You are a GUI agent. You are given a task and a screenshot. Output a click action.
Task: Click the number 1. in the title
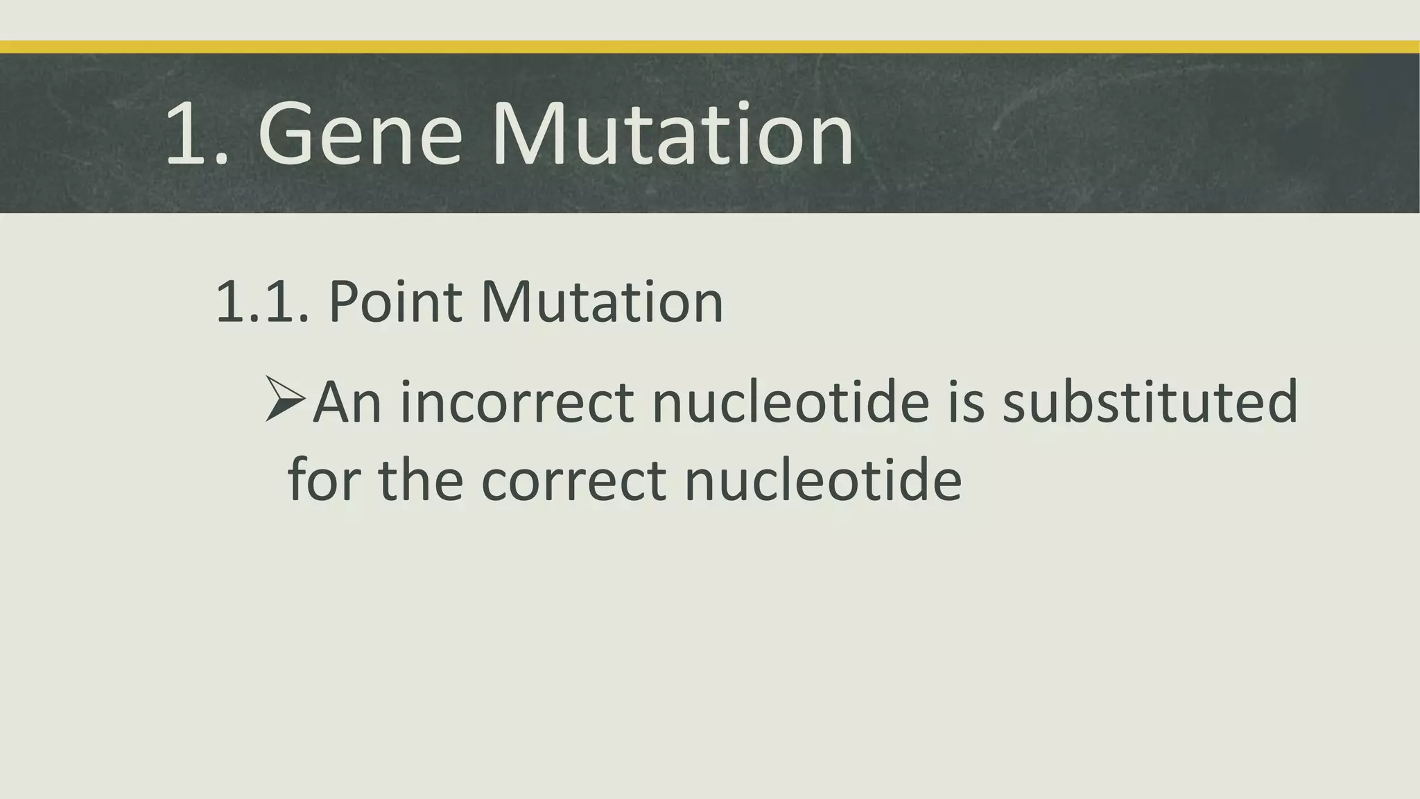[196, 133]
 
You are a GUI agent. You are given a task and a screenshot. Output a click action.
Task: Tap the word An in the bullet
[347, 402]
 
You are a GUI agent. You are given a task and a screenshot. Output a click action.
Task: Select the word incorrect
[517, 402]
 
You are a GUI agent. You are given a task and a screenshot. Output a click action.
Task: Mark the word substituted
[1150, 402]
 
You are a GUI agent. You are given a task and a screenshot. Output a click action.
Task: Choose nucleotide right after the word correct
[823, 480]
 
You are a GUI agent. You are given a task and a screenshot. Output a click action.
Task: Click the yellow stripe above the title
[710, 47]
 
